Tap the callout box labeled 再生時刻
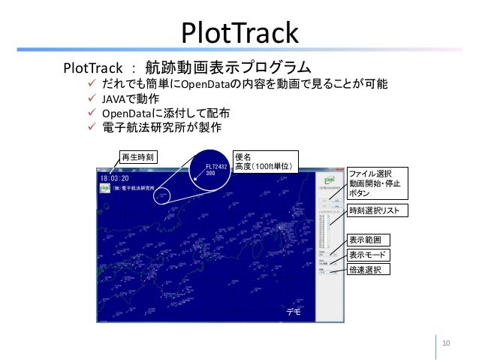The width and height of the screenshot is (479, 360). (136, 158)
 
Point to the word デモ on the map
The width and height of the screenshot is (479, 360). (293, 310)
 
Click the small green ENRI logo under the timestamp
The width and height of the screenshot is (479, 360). (104, 188)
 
